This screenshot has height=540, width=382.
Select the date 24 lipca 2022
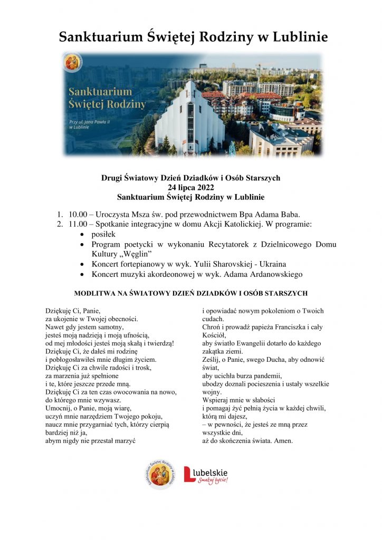[190, 187]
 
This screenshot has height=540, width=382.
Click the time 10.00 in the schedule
[78, 214]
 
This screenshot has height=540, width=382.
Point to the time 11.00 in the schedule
[78, 224]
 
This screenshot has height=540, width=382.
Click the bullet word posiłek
[103, 234]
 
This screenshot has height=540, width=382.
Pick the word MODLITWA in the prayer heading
[96, 293]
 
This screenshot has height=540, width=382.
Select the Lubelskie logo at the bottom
[206, 474]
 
